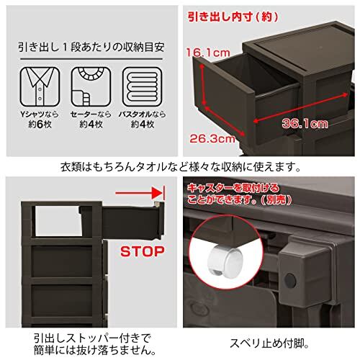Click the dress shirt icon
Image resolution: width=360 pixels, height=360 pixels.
point(40,86)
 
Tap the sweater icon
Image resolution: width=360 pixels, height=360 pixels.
point(91,86)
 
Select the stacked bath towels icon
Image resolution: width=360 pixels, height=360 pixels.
point(143,86)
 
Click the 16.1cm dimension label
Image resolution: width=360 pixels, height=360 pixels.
point(208,53)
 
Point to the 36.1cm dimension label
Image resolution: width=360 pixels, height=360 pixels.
point(305,124)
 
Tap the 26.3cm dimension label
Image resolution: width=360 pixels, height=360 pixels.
point(212,138)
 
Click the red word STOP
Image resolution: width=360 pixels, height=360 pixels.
point(143,251)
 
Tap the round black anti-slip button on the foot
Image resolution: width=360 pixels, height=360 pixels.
point(290,280)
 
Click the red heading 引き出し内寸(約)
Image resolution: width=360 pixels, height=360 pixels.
point(233,17)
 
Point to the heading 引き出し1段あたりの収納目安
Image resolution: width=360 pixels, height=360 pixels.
point(91,47)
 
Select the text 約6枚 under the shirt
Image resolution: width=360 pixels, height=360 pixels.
point(40,125)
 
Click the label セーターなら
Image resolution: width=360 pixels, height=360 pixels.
point(91,114)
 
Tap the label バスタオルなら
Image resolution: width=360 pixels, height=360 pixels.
point(143,114)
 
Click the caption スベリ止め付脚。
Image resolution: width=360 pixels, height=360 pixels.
point(269,343)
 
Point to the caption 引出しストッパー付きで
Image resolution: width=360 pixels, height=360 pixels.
point(92,338)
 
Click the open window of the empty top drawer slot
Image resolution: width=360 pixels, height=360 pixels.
point(58,221)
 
